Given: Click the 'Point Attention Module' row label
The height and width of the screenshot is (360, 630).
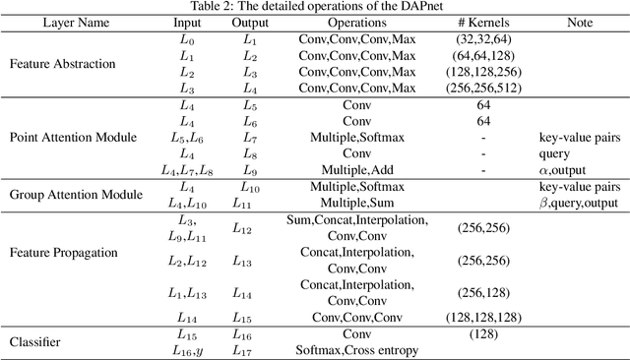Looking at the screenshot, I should pyautogui.click(x=73, y=137).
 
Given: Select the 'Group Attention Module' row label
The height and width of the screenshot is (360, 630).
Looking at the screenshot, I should pyautogui.click(x=74, y=195).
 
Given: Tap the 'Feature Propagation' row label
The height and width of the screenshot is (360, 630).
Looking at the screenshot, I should pyautogui.click(x=63, y=252).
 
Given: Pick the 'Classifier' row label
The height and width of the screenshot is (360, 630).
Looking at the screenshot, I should pyautogui.click(x=36, y=342).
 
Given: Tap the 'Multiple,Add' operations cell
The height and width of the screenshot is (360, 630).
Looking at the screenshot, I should pyautogui.click(x=346, y=170).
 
